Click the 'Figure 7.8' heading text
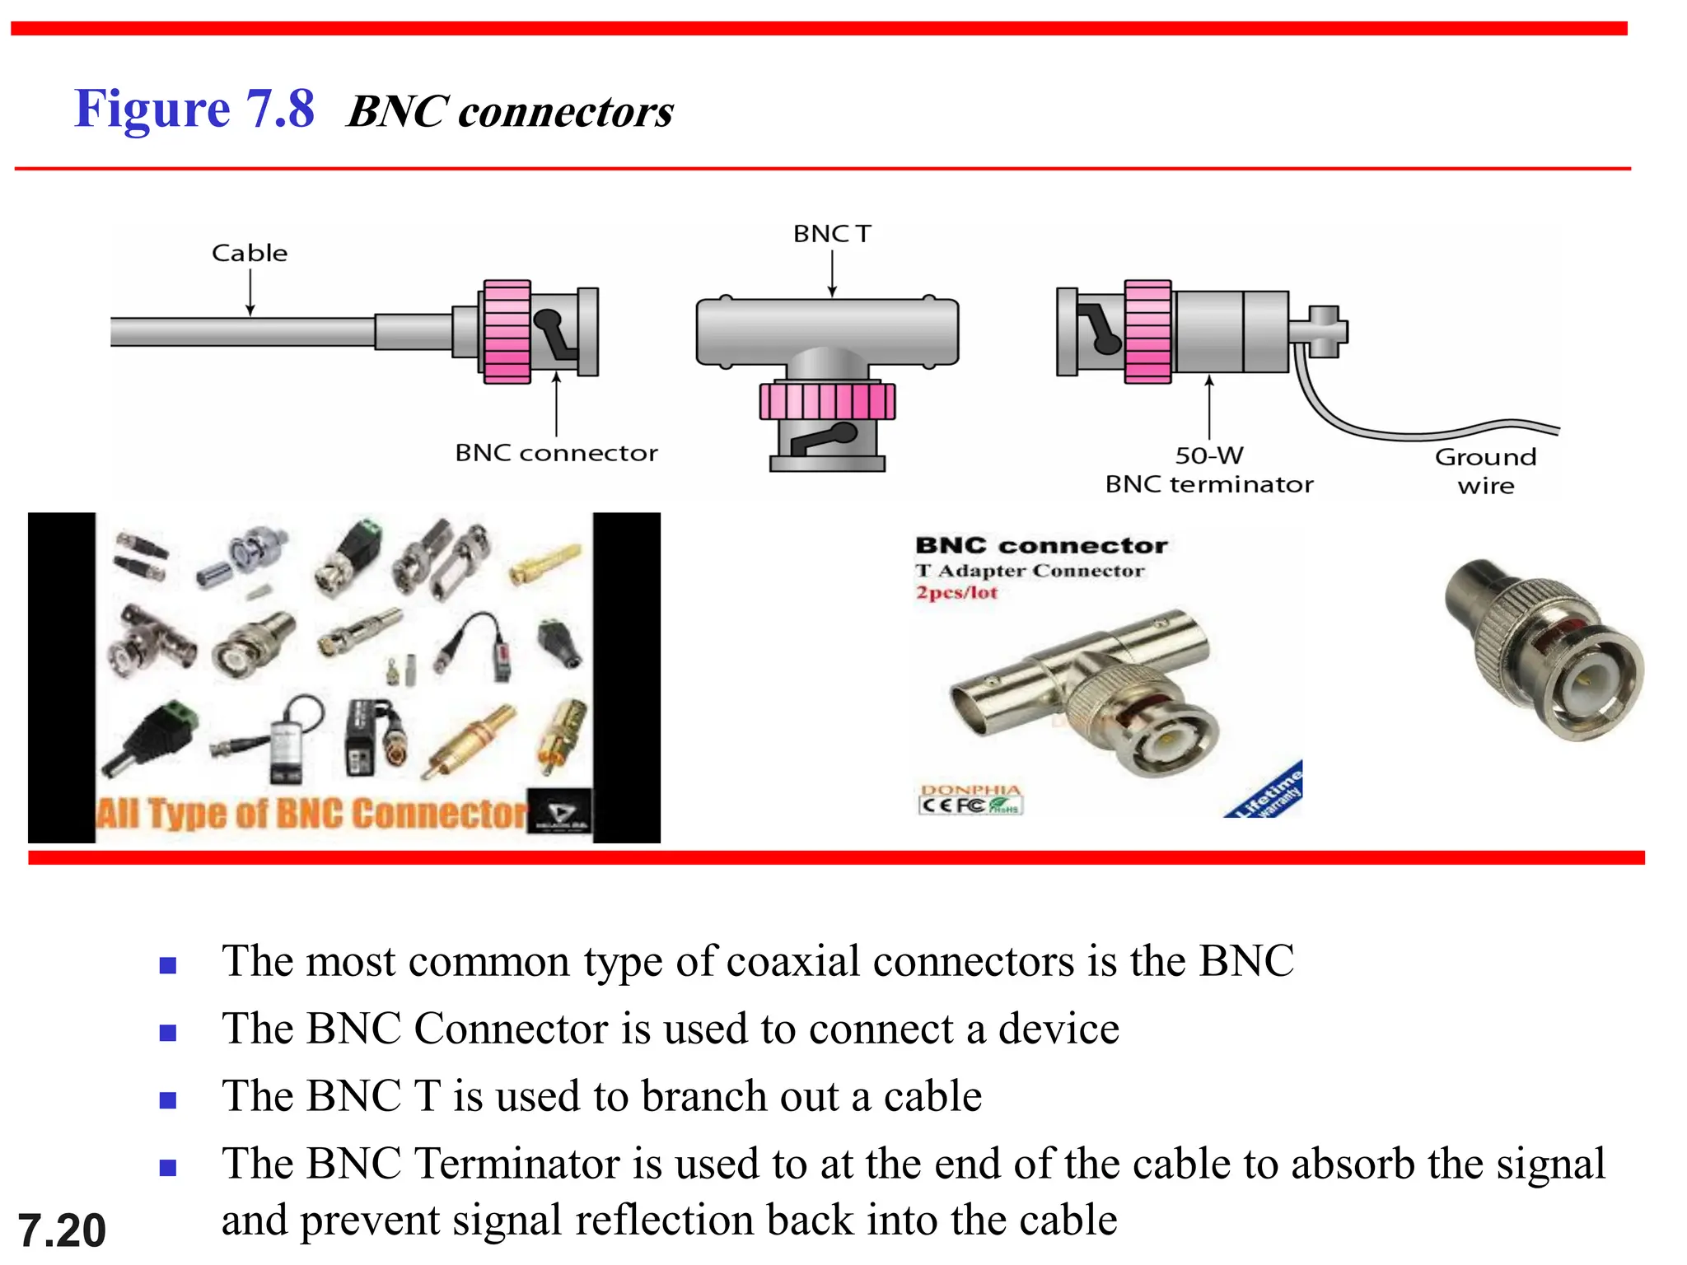coord(194,110)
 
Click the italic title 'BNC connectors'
coord(510,112)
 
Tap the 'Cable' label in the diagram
coord(250,253)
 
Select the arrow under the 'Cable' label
coord(250,292)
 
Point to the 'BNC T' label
coord(831,234)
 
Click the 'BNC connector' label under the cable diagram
coord(556,453)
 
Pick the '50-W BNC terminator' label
coord(1208,470)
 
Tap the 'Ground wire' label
coord(1485,471)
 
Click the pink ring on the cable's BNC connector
coord(507,332)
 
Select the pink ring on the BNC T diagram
coord(827,401)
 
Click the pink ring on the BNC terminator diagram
coord(1147,331)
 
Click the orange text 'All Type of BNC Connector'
coord(311,814)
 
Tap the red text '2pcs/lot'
coord(956,593)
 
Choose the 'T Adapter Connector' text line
coord(1029,571)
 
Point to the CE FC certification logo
coord(970,805)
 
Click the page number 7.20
coord(62,1230)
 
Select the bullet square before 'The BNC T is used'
coord(168,1100)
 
